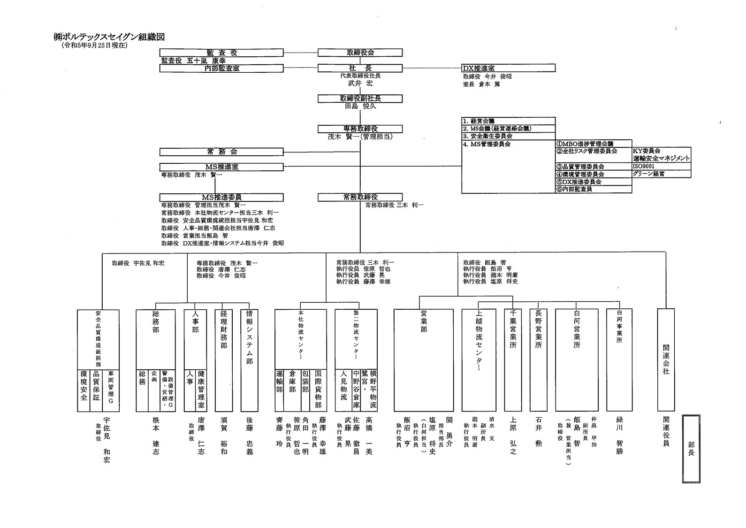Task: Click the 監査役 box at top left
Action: [x=221, y=53]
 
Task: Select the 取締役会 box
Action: [x=360, y=53]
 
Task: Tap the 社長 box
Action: [x=360, y=68]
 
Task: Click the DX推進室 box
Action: [x=508, y=68]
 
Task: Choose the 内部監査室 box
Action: [x=221, y=68]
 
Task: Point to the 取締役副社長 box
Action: [x=360, y=99]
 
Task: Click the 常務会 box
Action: [x=221, y=152]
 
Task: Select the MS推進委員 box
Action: [x=221, y=197]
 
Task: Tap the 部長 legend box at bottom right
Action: [x=691, y=448]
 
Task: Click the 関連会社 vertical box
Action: [x=666, y=360]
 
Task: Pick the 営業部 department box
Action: [x=424, y=360]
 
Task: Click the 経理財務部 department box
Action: [x=224, y=360]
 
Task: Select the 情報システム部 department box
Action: [x=249, y=360]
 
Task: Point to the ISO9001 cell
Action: [x=661, y=166]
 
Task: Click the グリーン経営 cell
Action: [x=661, y=174]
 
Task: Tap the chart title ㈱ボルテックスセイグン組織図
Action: [x=109, y=37]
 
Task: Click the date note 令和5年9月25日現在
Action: [x=94, y=46]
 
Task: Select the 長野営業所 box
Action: [x=538, y=360]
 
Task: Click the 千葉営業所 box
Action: [x=513, y=360]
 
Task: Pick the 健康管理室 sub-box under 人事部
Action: [x=201, y=390]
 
